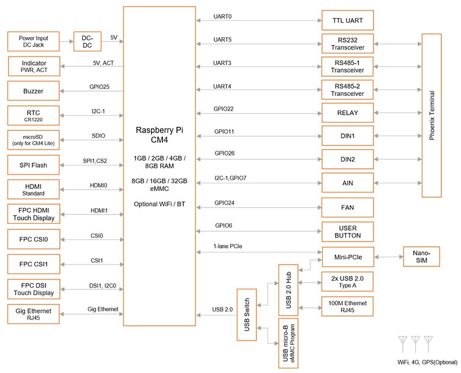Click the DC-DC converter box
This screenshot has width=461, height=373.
click(88, 41)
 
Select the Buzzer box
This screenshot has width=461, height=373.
click(33, 91)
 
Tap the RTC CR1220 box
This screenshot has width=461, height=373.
click(33, 115)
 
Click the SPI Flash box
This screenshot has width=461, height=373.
click(33, 165)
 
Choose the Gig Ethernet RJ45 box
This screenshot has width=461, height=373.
click(33, 313)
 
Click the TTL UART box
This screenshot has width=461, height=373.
click(347, 21)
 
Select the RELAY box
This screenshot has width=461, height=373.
click(347, 112)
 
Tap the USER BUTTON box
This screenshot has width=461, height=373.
click(347, 231)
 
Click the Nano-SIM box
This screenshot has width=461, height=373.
click(420, 256)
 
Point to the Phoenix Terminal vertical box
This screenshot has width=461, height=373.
click(431, 115)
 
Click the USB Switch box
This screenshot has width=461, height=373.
click(246, 314)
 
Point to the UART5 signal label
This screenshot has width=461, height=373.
click(222, 40)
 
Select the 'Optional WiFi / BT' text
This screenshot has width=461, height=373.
click(159, 204)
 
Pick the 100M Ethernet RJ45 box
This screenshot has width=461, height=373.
click(347, 306)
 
